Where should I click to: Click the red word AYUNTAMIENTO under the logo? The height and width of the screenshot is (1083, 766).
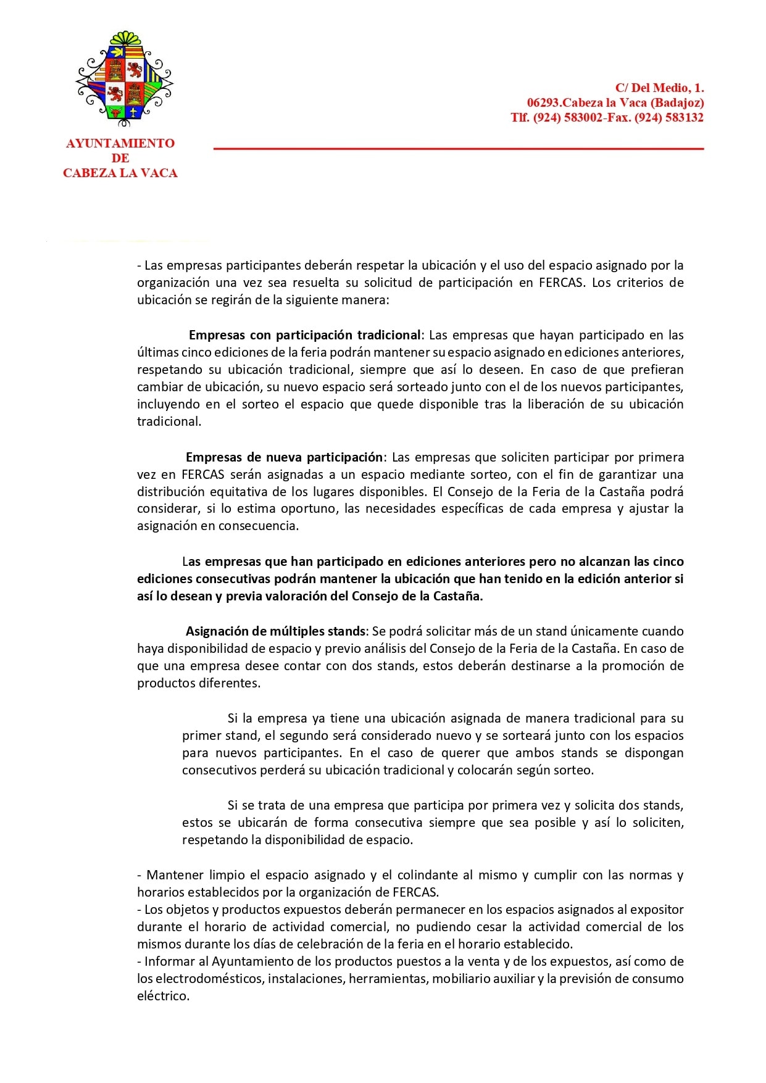coord(120,143)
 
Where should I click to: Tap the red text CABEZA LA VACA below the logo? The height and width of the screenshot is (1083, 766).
coord(120,173)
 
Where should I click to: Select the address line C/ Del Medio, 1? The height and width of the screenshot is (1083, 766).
coord(659,88)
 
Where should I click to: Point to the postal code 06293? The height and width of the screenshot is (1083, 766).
coord(543,103)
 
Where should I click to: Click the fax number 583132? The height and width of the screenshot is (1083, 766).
coord(685,118)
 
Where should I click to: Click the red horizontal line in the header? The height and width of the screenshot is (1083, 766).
coord(458,149)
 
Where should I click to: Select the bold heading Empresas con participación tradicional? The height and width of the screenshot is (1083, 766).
coord(304,335)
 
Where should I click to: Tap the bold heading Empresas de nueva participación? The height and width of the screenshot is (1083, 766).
coord(285,457)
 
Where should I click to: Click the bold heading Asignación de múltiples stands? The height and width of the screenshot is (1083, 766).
coord(276,631)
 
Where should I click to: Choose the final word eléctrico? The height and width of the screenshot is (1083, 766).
coord(163,995)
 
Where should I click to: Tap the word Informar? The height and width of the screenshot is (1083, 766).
coord(172,961)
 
